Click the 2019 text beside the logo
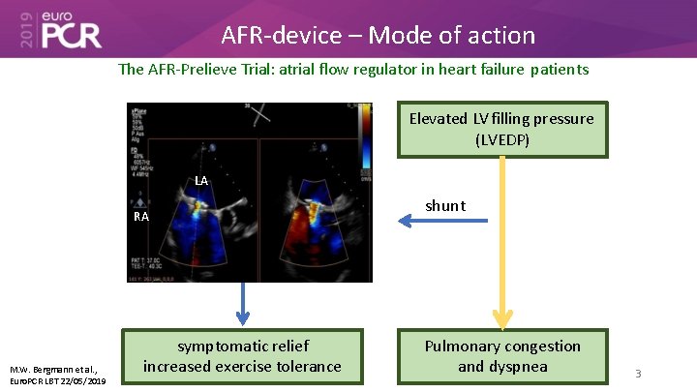(25, 30)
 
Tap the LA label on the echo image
(200, 180)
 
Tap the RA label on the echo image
(141, 216)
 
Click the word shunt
(445, 205)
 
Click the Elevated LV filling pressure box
(501, 129)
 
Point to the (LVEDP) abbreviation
(501, 139)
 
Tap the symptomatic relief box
(242, 356)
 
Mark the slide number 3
(638, 373)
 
